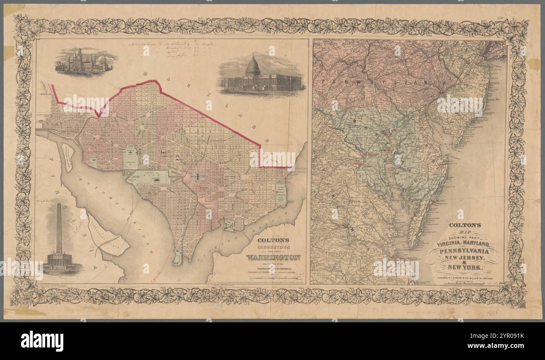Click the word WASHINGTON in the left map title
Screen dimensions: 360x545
(x=273, y=257)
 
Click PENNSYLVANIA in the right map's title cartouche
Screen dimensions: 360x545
(x=462, y=251)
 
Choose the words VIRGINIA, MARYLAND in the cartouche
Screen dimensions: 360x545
(x=459, y=243)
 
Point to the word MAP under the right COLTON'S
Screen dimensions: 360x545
(x=461, y=232)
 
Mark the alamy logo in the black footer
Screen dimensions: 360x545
(x=42, y=341)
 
